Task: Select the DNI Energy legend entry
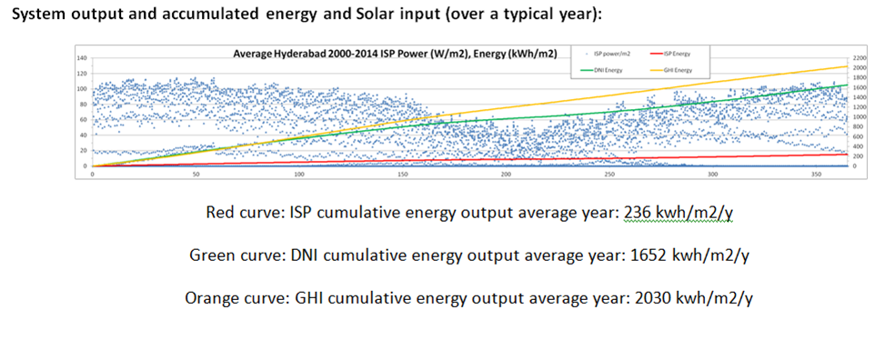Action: pos(600,69)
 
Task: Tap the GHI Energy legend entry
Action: pos(673,69)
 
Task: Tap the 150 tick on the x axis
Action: pos(402,174)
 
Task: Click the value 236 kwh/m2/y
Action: pos(679,214)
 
